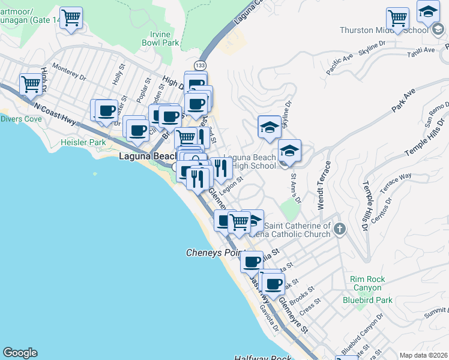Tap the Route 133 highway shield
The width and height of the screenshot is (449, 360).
pyautogui.click(x=200, y=64)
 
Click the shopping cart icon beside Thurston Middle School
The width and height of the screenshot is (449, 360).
pyautogui.click(x=397, y=19)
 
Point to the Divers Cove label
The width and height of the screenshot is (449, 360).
pyautogui.click(x=21, y=119)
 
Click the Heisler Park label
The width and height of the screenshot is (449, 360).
pyautogui.click(x=83, y=143)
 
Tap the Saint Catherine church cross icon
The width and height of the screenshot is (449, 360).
pyautogui.click(x=340, y=229)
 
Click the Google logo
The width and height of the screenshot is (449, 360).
pyautogui.click(x=20, y=352)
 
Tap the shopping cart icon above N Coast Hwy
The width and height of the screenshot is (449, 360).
pyautogui.click(x=30, y=85)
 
